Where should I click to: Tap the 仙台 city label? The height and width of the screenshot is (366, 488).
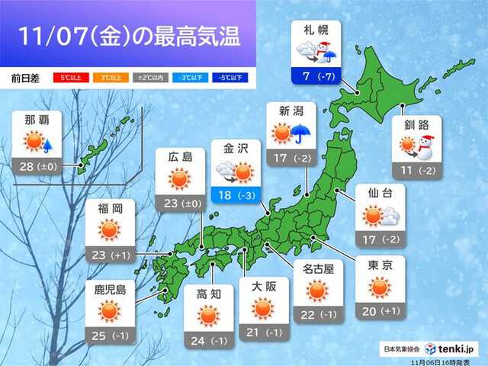[x=380, y=193]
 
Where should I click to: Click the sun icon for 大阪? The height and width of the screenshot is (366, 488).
[x=263, y=308]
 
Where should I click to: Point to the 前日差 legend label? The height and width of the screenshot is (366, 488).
[x=27, y=78]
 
